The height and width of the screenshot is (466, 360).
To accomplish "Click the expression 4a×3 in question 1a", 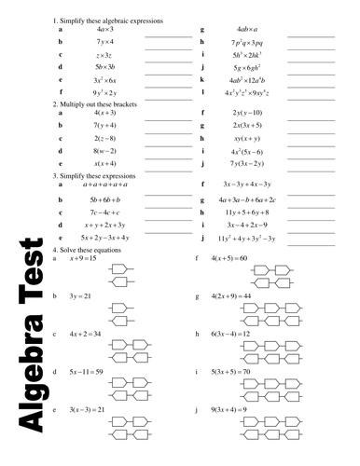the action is [104, 30].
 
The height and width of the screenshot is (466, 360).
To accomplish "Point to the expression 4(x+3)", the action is [104, 113].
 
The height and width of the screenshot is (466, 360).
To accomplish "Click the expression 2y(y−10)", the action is [248, 113].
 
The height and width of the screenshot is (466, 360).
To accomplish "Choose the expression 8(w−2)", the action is [104, 150].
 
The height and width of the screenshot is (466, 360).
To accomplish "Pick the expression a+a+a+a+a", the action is [104, 185].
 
